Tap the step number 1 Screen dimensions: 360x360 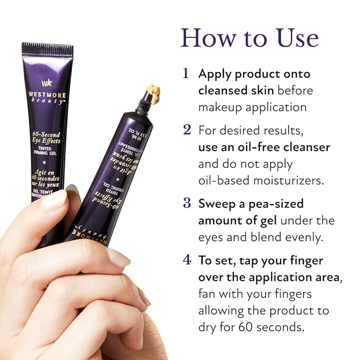[186, 73]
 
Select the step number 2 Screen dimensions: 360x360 [187, 129]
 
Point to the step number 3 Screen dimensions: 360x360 [187, 203]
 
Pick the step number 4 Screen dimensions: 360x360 [187, 260]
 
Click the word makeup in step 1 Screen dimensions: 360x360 [217, 107]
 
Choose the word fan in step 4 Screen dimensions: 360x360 [207, 293]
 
